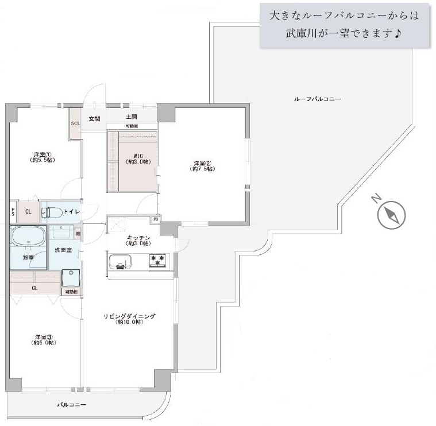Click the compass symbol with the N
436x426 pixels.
(x=391, y=215)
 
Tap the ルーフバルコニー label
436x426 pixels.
(x=317, y=99)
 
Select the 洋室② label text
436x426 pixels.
(x=203, y=165)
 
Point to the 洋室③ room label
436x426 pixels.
(x=44, y=339)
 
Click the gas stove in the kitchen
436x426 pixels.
(x=159, y=261)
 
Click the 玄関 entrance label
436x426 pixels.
(x=94, y=118)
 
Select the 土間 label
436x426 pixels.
(x=130, y=117)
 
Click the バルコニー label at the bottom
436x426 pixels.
(x=72, y=405)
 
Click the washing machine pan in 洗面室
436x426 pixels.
(x=71, y=278)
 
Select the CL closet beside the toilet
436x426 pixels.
(x=28, y=211)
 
